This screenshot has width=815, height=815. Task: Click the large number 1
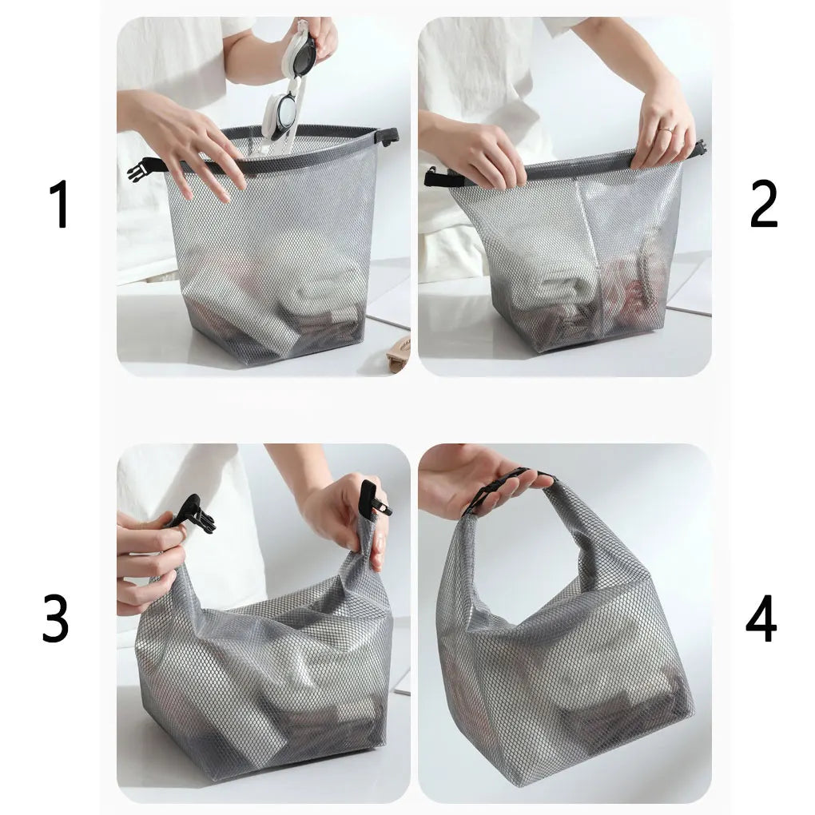coord(61,204)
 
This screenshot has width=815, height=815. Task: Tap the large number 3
coord(56,618)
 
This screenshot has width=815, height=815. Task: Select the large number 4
coord(761,618)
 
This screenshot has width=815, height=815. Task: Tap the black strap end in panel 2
coord(443,178)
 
